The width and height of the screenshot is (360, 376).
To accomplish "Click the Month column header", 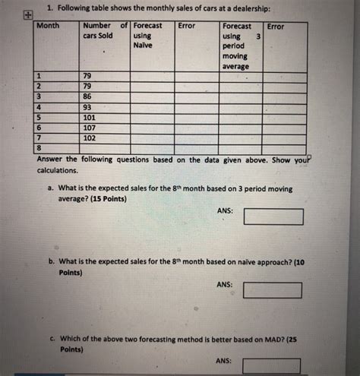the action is tap(48, 27).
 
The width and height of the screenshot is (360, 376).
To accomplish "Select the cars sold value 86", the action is tap(88, 98).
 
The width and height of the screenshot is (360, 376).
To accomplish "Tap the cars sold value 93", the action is tap(88, 109).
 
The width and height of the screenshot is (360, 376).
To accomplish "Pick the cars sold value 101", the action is tap(90, 118).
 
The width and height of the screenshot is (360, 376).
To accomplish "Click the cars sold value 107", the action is tap(90, 128).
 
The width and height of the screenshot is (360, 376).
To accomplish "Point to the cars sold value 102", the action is tap(90, 138).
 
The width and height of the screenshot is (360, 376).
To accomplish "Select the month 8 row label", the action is tap(39, 149).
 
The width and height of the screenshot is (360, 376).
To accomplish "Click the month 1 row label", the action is tap(39, 77).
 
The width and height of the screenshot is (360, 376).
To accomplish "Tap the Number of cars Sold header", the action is tap(101, 31).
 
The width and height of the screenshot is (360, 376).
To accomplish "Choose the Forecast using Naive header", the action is tap(147, 36).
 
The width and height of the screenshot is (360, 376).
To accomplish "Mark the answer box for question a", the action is tap(273, 217).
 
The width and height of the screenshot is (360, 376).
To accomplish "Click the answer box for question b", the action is tap(273, 290).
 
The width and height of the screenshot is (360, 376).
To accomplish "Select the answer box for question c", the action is tap(273, 367).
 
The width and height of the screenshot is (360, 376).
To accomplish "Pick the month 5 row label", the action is tap(39, 118).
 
